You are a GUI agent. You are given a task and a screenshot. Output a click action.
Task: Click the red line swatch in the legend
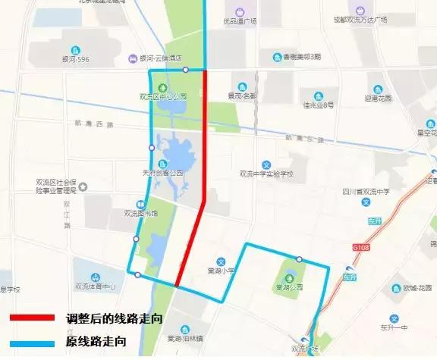pos(31,318)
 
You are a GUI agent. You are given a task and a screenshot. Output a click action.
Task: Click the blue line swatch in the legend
pos(31,343)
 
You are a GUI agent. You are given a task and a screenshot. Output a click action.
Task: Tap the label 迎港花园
pos(377,99)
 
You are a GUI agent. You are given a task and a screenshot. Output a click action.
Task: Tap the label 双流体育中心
pos(95,286)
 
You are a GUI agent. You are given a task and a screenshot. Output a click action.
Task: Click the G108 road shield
pos(360,246)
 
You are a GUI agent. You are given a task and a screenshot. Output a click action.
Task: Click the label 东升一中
pos(394,328)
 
